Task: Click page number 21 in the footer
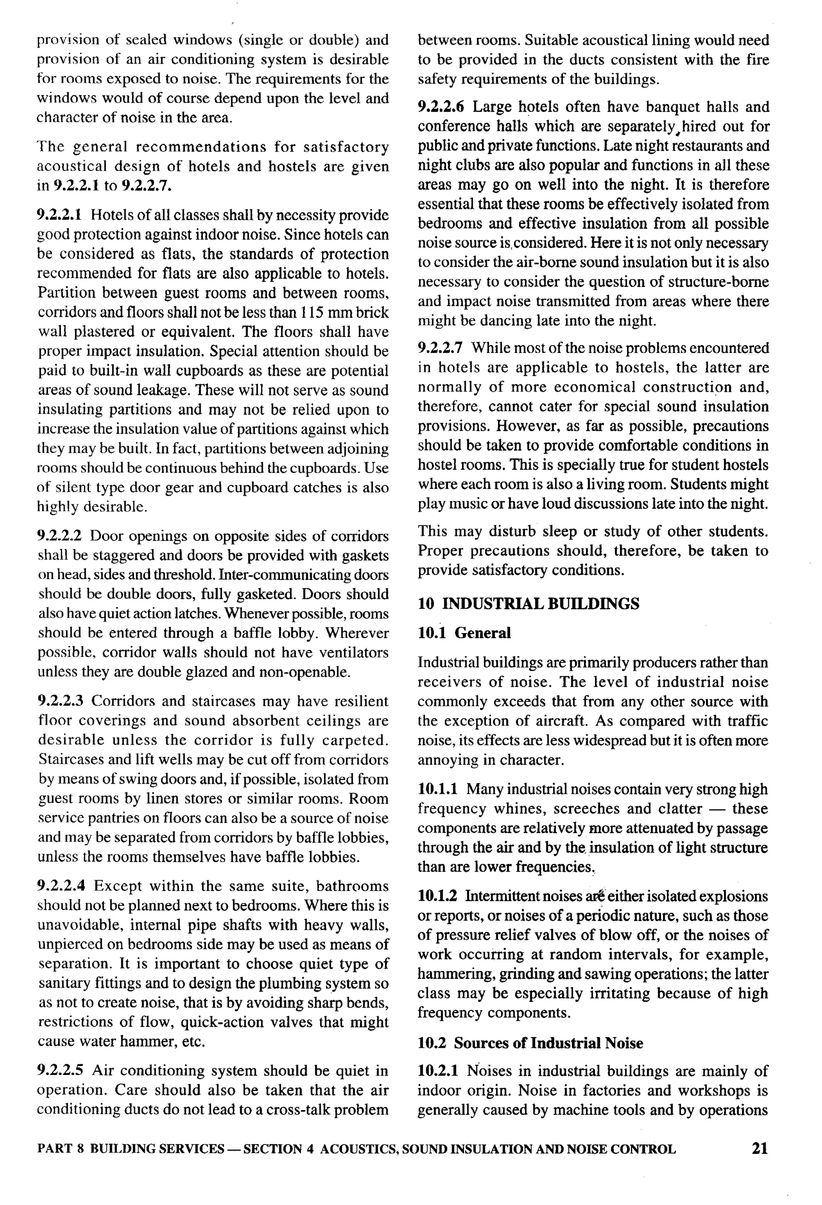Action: pos(759,1148)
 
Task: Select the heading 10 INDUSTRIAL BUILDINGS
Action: pos(528,604)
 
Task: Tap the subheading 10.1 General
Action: pos(464,633)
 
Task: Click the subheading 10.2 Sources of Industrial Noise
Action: pos(530,1043)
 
